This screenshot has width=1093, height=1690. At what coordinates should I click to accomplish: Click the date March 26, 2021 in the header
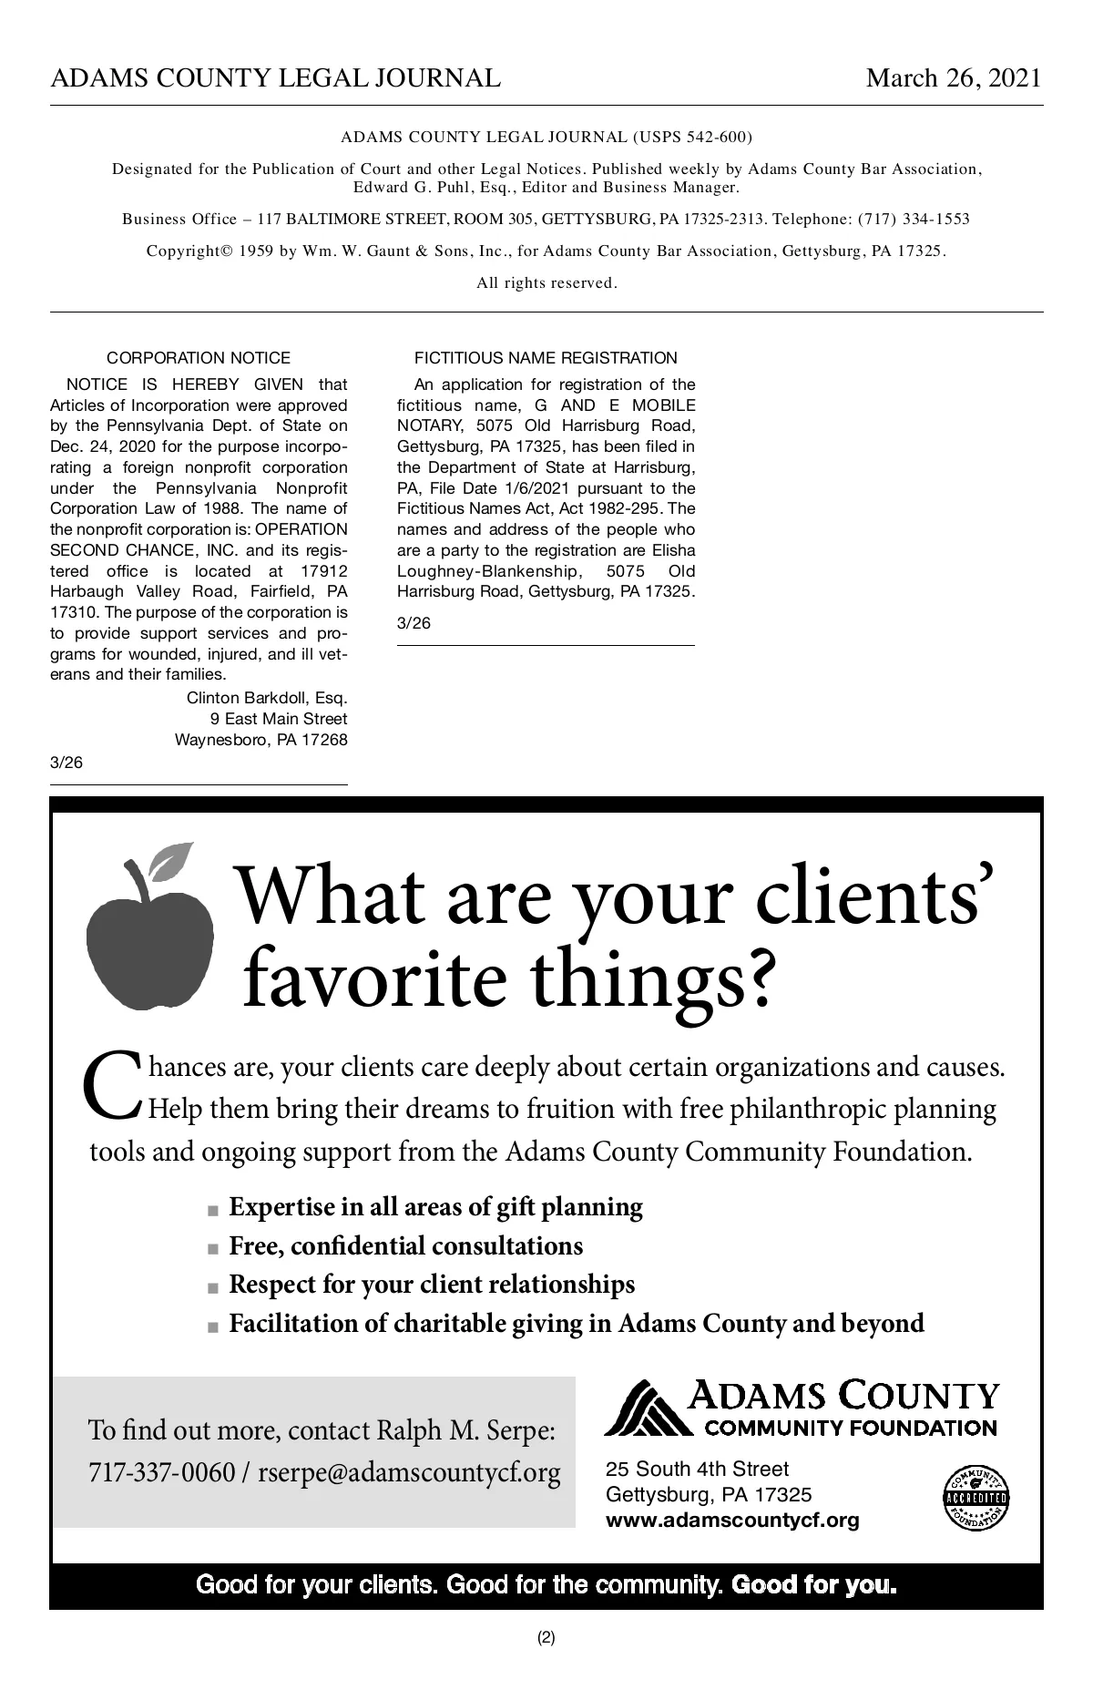tap(953, 78)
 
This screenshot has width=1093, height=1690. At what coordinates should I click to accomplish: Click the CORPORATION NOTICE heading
tap(199, 358)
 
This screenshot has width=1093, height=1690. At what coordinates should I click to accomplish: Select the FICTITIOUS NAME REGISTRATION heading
tap(546, 358)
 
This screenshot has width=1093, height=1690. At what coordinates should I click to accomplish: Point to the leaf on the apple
tap(172, 859)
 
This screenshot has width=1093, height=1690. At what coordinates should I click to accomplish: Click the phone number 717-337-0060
tap(161, 1472)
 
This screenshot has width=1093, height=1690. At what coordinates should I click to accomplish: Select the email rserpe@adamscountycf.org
tap(409, 1472)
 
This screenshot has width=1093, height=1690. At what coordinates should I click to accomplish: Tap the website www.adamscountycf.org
tap(732, 1520)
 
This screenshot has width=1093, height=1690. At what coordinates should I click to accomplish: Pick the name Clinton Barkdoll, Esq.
tap(267, 698)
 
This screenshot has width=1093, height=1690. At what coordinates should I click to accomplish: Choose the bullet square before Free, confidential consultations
tap(213, 1248)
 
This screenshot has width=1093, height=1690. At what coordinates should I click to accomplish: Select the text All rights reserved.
tap(546, 282)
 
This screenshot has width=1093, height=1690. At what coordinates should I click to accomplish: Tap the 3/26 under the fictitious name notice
tap(414, 623)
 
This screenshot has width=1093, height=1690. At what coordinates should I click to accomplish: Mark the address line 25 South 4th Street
tap(697, 1469)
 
